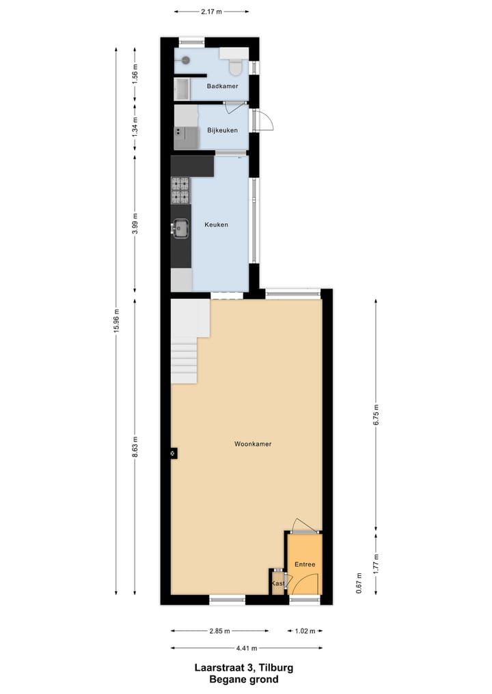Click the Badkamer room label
223,86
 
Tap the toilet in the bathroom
236,66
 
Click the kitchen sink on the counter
181,228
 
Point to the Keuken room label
217,225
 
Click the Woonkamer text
253,444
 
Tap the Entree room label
304,565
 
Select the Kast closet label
277,584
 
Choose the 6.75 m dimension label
376,416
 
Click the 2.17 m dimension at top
211,11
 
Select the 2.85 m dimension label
219,631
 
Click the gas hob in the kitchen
180,190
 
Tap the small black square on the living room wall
173,452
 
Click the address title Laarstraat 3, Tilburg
244,668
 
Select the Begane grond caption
244,680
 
